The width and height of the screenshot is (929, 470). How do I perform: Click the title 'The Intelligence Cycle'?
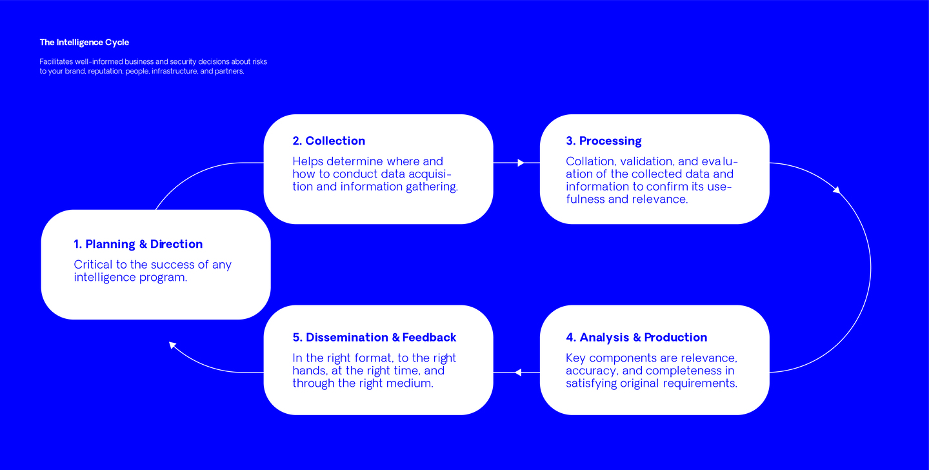(x=84, y=43)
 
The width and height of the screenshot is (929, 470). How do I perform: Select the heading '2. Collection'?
(x=328, y=141)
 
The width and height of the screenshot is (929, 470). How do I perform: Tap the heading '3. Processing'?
(x=603, y=141)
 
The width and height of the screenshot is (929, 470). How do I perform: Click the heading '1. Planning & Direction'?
(x=138, y=244)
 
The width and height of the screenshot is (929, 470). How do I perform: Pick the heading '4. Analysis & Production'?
(x=636, y=337)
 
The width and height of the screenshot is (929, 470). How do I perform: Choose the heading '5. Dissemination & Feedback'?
(x=374, y=337)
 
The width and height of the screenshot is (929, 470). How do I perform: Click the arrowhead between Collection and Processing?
(x=521, y=163)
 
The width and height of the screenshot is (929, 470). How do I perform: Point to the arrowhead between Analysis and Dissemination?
(x=517, y=372)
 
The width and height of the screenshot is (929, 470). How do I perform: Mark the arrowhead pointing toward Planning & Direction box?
(x=172, y=345)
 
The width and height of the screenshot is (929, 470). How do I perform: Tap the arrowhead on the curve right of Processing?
(x=837, y=190)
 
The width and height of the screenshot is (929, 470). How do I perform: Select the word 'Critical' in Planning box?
(x=94, y=265)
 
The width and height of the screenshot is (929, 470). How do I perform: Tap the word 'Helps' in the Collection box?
(x=308, y=161)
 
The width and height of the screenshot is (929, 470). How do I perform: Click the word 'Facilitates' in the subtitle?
(x=56, y=61)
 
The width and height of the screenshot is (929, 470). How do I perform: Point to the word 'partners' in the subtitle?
(x=228, y=71)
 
